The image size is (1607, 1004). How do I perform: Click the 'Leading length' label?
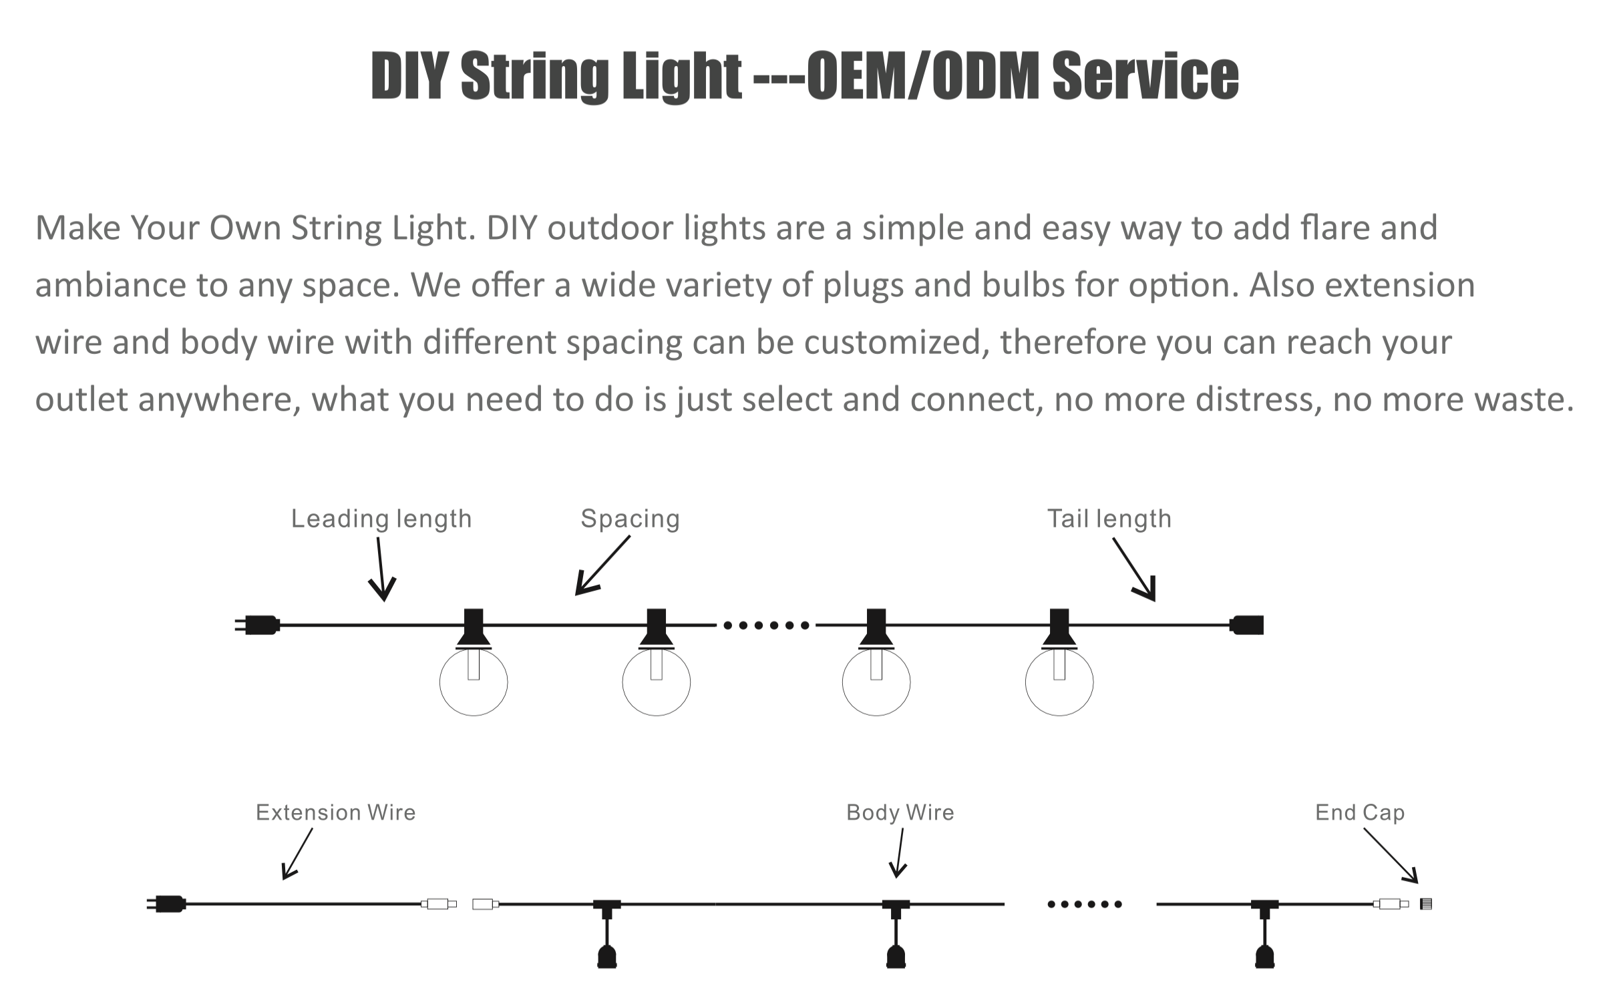pos(381,519)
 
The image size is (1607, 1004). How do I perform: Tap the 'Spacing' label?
pos(630,519)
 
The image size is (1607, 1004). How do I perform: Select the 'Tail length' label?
pos(1109,519)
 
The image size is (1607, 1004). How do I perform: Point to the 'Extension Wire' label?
pos(335,812)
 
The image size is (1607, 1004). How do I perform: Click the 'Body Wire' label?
pos(900,812)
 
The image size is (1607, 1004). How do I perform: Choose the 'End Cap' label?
pos(1360,812)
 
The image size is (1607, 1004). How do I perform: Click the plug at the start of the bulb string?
pos(258,625)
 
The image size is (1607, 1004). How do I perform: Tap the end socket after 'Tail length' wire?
pos(1247,625)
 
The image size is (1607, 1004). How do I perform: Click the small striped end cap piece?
pos(1425,904)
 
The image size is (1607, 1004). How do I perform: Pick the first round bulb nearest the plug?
pos(474,682)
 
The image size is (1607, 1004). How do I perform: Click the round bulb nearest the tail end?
pos(1059,682)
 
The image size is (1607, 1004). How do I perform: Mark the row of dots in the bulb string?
pos(766,625)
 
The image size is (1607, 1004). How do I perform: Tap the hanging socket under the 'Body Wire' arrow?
pos(896,955)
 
